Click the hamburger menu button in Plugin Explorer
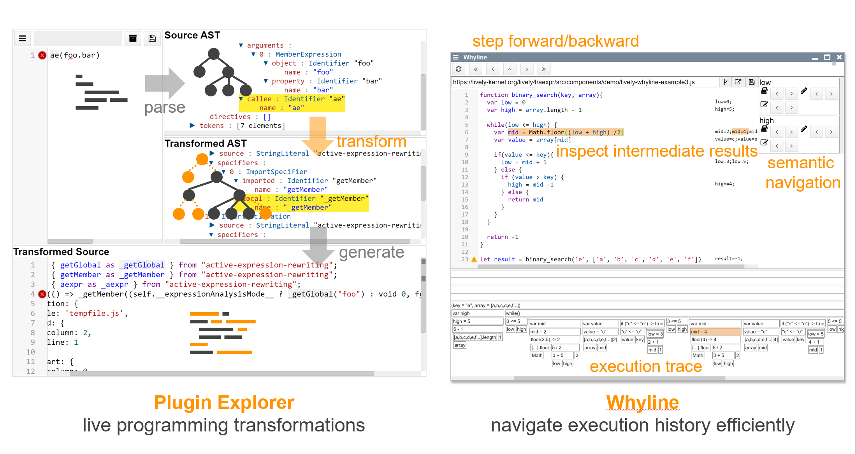tap(23, 38)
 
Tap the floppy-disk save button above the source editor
tap(152, 38)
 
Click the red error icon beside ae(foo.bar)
tap(42, 55)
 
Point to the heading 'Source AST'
tap(192, 35)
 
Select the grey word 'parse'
tap(165, 107)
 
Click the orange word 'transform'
tap(371, 141)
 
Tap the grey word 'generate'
tap(371, 252)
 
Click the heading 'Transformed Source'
tap(61, 252)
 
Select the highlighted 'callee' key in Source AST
tap(259, 99)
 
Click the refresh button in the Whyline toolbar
tap(459, 69)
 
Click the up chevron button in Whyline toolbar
tap(510, 69)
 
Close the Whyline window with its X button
tap(839, 57)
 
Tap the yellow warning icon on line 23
tap(474, 259)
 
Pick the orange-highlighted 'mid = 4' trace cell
tap(715, 332)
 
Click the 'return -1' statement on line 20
tap(503, 237)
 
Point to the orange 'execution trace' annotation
tap(645, 367)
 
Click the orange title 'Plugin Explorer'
tap(224, 403)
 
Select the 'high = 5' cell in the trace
tap(477, 321)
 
